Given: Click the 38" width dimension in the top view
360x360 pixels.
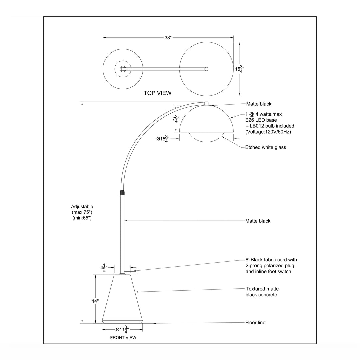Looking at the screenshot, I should tap(168, 38).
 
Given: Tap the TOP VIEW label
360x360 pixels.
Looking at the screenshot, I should tap(157, 93).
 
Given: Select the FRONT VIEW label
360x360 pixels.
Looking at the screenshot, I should tap(123, 338).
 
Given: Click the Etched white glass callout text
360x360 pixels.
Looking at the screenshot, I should tap(265, 147).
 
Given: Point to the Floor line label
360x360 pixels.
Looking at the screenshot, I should tap(255, 323).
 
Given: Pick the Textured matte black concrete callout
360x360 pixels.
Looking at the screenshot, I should tap(262, 292).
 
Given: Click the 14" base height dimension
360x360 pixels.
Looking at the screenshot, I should tap(96, 301).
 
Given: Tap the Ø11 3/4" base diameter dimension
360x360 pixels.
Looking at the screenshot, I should tap(122, 330).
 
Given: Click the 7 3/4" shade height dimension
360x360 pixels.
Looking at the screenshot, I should tap(176, 119).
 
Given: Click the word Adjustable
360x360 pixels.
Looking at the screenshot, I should tap(82, 206).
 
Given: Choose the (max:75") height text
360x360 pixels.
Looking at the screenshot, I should tap(82, 212).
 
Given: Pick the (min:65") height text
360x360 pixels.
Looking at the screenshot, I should tap(82, 218).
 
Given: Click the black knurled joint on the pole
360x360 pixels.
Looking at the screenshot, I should tap(122, 193).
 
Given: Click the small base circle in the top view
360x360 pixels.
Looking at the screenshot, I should tap(123, 69).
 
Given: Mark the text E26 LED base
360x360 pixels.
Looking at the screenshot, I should tap(261, 120).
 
